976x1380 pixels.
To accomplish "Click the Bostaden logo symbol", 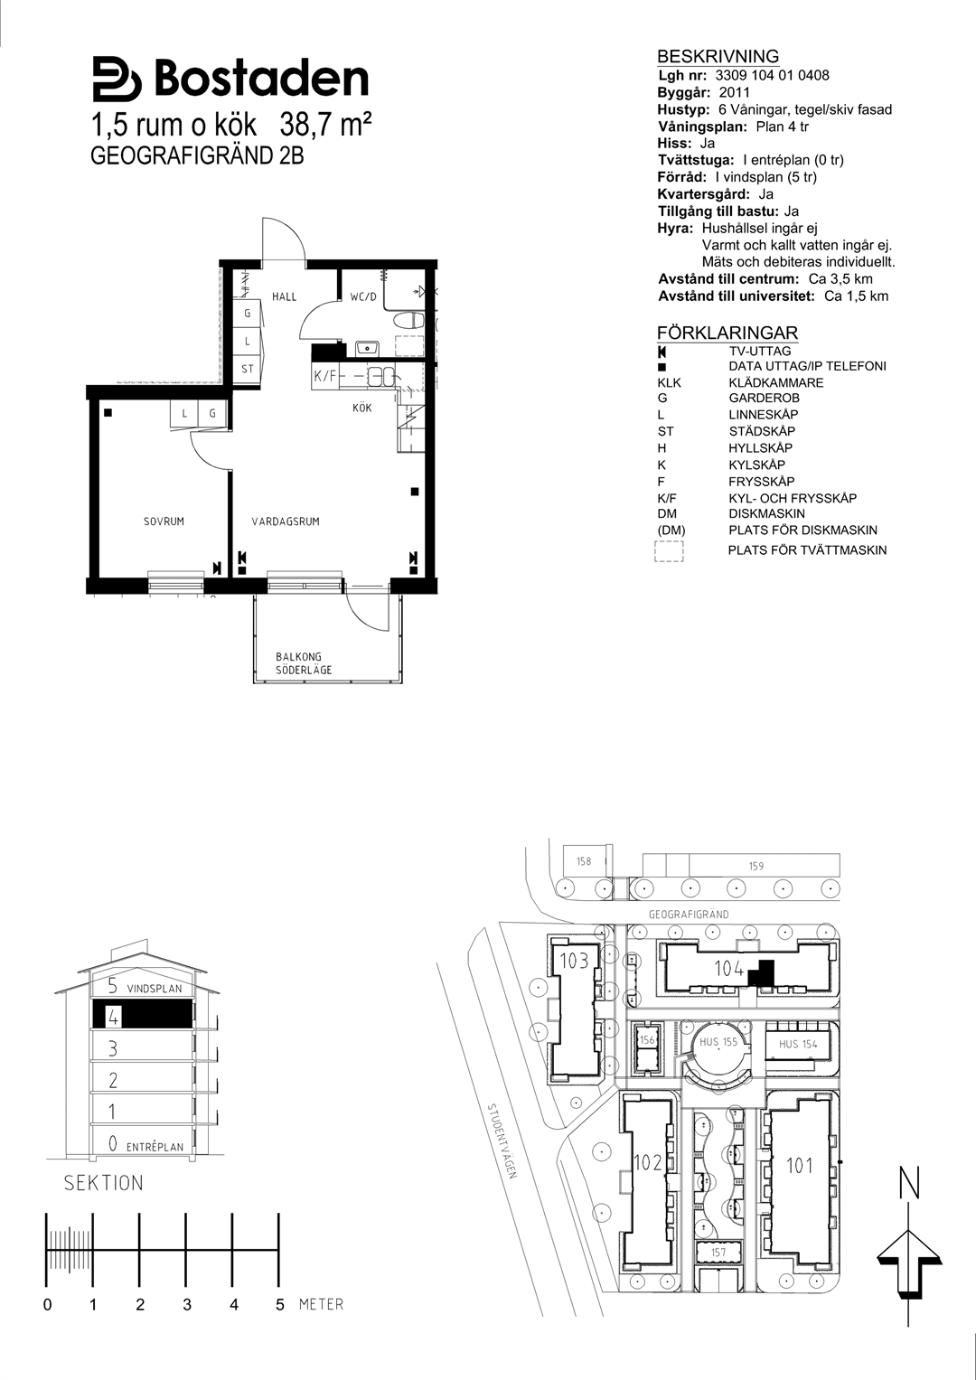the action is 117,79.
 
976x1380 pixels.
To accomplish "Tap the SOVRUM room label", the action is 164,521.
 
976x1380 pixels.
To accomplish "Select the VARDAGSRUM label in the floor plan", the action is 286,521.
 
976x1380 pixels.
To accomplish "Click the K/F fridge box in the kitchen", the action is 325,375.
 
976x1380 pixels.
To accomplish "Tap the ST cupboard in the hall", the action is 247,369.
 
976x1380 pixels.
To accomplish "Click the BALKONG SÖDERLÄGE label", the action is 303,663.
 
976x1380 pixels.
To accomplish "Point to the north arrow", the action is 909,1257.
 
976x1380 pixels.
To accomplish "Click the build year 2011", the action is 735,92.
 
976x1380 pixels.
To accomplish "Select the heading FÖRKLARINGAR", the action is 727,333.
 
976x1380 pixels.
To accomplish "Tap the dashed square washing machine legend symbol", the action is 669,550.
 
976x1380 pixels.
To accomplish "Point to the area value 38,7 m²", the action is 326,126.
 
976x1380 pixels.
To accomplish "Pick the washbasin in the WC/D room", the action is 368,349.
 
